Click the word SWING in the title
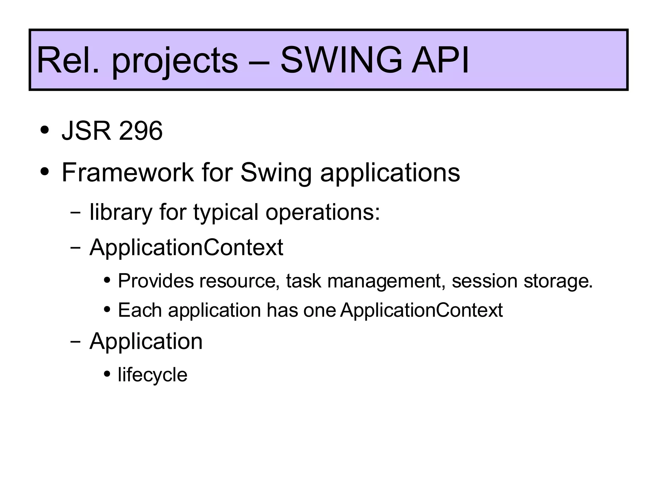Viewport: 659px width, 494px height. point(341,60)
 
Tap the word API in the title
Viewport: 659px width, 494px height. point(440,60)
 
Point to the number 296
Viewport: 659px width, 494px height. point(141,131)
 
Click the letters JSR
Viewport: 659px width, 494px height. point(86,131)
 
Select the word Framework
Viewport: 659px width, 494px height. point(128,172)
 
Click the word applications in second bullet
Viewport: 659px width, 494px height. point(390,174)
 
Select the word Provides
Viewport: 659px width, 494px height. point(156,281)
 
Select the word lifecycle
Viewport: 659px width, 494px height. point(153,375)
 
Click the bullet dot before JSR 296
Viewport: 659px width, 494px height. point(45,131)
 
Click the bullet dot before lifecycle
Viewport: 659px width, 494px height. point(107,374)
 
